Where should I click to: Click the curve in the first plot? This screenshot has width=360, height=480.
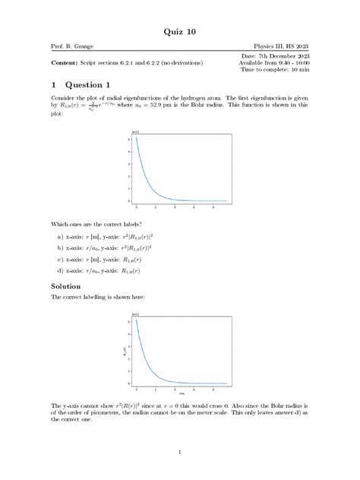click(x=144, y=178)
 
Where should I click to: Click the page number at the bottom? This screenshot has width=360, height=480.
click(x=180, y=454)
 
